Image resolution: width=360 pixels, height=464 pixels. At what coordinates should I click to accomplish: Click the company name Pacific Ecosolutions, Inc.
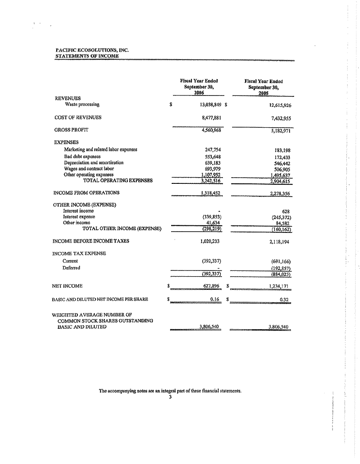(x=92, y=51)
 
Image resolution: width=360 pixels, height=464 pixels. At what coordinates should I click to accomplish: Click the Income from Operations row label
(x=86, y=193)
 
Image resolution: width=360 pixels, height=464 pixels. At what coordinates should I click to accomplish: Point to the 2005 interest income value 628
(x=285, y=211)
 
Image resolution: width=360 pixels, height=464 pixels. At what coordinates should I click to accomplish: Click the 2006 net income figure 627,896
(x=211, y=286)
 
